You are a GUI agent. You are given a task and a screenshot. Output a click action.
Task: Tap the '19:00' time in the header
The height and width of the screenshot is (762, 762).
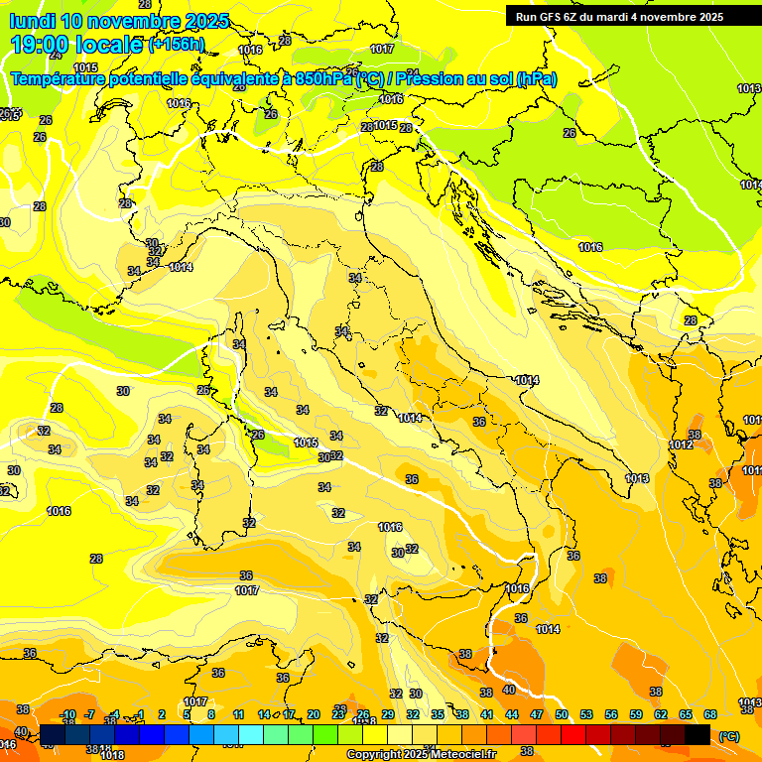click(40, 44)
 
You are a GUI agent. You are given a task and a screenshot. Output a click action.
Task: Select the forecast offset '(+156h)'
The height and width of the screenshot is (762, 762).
click(177, 45)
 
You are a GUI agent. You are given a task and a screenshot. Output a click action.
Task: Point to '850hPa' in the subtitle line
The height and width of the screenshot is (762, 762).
click(323, 78)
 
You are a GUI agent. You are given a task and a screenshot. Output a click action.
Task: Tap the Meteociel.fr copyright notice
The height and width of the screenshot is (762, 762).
click(420, 754)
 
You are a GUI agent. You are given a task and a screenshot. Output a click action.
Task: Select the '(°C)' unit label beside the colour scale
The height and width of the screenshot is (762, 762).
click(728, 736)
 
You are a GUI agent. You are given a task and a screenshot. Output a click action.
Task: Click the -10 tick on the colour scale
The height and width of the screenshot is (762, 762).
click(67, 714)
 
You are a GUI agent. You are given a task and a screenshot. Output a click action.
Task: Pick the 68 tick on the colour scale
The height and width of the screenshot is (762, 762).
click(710, 714)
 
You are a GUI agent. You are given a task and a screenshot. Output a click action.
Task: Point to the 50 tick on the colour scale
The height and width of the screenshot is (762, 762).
click(562, 714)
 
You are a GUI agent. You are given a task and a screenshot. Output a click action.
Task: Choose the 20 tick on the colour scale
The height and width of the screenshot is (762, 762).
click(314, 714)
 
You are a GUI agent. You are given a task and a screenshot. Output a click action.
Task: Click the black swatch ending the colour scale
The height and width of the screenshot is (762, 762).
click(698, 734)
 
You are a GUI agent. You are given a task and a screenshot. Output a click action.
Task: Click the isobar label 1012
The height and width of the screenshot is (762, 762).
click(681, 445)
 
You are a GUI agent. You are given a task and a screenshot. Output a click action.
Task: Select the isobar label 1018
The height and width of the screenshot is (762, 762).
click(112, 755)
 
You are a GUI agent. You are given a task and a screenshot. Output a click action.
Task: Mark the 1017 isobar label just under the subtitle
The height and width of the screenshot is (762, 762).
click(381, 49)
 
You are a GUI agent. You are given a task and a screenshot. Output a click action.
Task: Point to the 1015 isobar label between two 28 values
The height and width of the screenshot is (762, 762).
click(385, 126)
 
